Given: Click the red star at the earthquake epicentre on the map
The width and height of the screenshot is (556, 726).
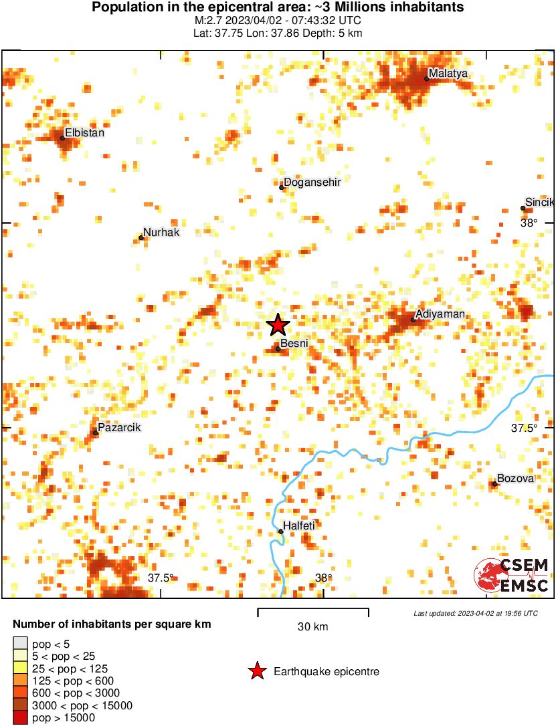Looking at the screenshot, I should pyautogui.click(x=278, y=325).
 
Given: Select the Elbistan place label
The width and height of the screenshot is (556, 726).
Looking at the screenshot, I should pyautogui.click(x=84, y=132).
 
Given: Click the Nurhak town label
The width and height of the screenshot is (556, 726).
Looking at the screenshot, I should pyautogui.click(x=161, y=232).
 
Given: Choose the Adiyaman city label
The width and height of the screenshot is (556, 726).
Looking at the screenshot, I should pyautogui.click(x=440, y=314).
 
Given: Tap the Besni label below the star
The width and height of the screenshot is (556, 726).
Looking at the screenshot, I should pyautogui.click(x=294, y=344).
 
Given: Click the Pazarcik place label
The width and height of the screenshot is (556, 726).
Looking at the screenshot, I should pyautogui.click(x=119, y=428).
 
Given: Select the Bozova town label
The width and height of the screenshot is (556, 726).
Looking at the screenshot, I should pyautogui.click(x=515, y=479).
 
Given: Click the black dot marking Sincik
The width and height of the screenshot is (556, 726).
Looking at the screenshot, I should pyautogui.click(x=523, y=208).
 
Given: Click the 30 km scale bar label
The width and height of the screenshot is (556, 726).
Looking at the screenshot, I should pyautogui.click(x=312, y=627).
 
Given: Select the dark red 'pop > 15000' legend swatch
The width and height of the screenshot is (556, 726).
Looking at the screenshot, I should pyautogui.click(x=20, y=717).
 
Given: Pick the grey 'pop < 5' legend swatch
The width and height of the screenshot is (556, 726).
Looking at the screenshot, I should pyautogui.click(x=20, y=644).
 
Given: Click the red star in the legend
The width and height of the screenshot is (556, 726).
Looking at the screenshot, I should pyautogui.click(x=256, y=671).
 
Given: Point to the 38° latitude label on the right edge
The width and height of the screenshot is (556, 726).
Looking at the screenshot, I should pyautogui.click(x=529, y=223).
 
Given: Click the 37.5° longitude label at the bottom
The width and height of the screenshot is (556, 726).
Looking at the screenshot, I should pyautogui.click(x=161, y=578).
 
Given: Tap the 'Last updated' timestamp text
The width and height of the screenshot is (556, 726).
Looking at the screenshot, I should pyautogui.click(x=475, y=613).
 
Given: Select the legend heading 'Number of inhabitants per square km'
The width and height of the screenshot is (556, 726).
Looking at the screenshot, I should pyautogui.click(x=112, y=624).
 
